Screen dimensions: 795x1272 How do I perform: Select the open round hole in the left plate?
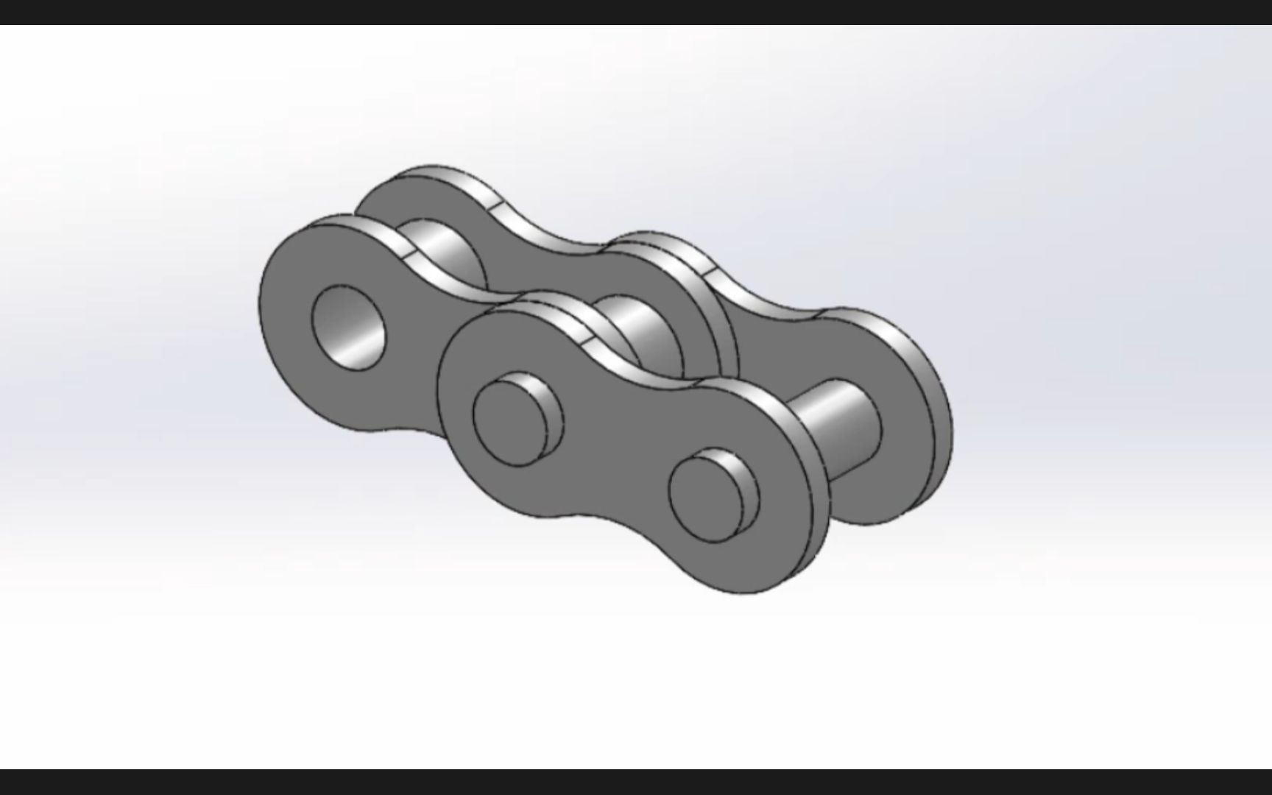349,328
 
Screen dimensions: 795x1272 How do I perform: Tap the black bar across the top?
636,12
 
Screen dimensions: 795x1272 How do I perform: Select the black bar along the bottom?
636,782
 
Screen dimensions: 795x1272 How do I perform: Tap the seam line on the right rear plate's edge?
709,273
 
